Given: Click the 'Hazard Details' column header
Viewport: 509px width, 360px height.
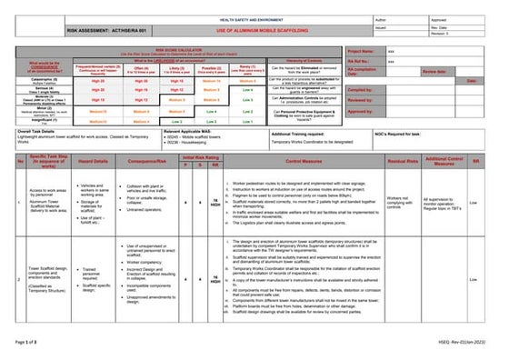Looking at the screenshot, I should (93, 162).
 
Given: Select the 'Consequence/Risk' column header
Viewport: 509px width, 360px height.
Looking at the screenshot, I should (146, 162).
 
